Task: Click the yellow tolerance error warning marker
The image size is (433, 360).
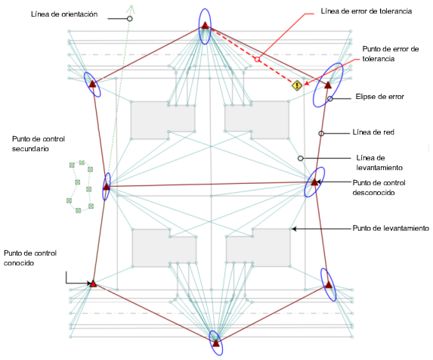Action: [297, 85]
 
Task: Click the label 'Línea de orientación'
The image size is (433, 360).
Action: [64, 14]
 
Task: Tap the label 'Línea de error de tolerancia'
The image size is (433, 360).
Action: [367, 11]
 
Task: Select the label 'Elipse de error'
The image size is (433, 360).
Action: [379, 97]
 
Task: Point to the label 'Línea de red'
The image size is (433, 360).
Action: [373, 132]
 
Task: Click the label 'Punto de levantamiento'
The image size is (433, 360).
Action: [391, 228]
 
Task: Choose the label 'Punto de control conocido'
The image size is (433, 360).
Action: [30, 258]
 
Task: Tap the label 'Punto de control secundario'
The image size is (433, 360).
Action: [39, 144]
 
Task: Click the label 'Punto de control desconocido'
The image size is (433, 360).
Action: [379, 188]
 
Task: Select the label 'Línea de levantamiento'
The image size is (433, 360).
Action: [379, 163]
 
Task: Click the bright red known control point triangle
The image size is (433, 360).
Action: [93, 284]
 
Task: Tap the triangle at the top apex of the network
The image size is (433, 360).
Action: [205, 26]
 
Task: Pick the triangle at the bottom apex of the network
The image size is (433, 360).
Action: [216, 343]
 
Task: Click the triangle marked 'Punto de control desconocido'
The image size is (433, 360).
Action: [314, 182]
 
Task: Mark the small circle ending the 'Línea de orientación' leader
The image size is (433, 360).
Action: [129, 18]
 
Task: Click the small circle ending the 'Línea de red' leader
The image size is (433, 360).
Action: [321, 133]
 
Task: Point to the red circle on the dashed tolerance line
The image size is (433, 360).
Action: [257, 60]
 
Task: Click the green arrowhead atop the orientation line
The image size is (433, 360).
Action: [131, 9]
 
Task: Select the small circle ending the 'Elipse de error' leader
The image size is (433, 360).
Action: [330, 98]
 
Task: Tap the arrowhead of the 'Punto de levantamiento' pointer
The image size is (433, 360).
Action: [294, 228]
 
